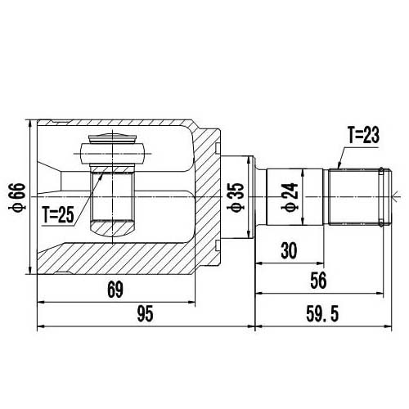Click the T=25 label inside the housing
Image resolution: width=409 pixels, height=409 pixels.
(x=58, y=216)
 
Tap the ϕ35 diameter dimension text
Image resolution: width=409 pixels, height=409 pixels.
(x=236, y=197)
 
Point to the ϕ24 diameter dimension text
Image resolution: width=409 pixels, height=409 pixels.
(x=288, y=197)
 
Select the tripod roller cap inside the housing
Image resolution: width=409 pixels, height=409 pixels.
(x=111, y=152)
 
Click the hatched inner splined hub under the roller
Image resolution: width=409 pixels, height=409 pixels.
(x=111, y=196)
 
